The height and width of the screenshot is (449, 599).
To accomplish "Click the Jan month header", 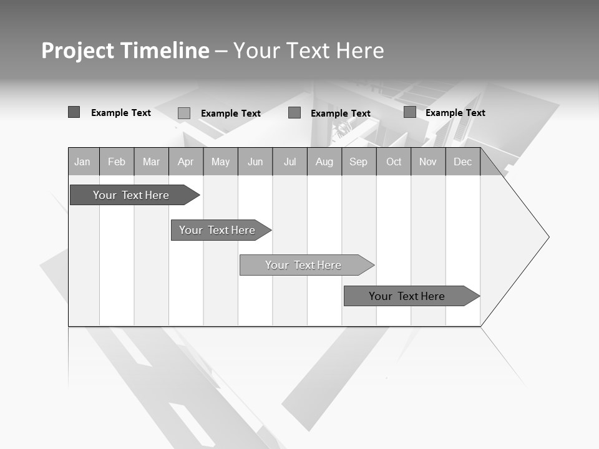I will click(x=83, y=162).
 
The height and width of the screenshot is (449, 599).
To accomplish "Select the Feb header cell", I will click(x=117, y=162).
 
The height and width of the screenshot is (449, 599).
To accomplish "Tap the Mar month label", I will click(x=151, y=162).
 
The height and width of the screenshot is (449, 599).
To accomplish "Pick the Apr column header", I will click(x=186, y=162).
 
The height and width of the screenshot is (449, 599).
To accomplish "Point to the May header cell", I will click(x=220, y=162).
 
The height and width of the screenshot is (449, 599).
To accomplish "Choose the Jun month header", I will click(x=255, y=162).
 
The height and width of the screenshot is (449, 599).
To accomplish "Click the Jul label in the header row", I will click(x=290, y=162).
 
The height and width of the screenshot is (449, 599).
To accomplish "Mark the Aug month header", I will click(x=324, y=162).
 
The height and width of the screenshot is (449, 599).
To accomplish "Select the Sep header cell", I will click(x=359, y=162).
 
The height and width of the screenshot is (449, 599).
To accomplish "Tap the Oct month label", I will click(x=394, y=162).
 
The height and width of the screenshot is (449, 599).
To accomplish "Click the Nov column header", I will click(x=428, y=162).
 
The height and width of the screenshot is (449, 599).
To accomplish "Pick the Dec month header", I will click(x=463, y=162).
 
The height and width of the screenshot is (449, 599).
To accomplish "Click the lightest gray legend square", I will click(x=184, y=113).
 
